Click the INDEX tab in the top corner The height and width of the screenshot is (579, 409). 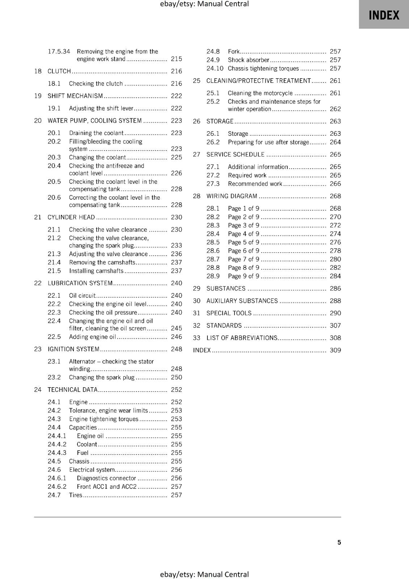coord(384,15)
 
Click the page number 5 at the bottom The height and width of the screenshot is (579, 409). coord(339,542)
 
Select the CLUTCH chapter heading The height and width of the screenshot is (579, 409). coord(59,71)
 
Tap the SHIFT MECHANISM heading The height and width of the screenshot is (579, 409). coord(75,96)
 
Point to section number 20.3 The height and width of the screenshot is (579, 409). coord(54,157)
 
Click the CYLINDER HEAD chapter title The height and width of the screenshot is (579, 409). coord(71,217)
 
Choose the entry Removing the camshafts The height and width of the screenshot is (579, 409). coord(102,262)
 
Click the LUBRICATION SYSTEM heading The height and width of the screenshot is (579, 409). coord(80,283)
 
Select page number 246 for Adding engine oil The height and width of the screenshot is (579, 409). coord(176,337)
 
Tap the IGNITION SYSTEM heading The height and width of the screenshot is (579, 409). coord(73,349)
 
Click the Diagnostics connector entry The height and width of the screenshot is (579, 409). coord(106,478)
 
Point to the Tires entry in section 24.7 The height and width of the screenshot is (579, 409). coord(76,495)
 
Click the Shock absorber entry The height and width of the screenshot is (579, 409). coord(248,60)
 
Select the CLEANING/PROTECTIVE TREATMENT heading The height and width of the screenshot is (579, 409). coord(258,81)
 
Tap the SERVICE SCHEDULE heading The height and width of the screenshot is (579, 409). coord(235,155)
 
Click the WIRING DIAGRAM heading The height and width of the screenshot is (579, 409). coord(232,196)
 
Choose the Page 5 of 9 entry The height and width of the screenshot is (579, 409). coord(243,242)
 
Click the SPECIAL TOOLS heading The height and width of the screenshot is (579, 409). coord(229,313)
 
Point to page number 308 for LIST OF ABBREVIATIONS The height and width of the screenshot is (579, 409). coord(335,338)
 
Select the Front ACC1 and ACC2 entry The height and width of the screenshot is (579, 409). coord(106,487)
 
